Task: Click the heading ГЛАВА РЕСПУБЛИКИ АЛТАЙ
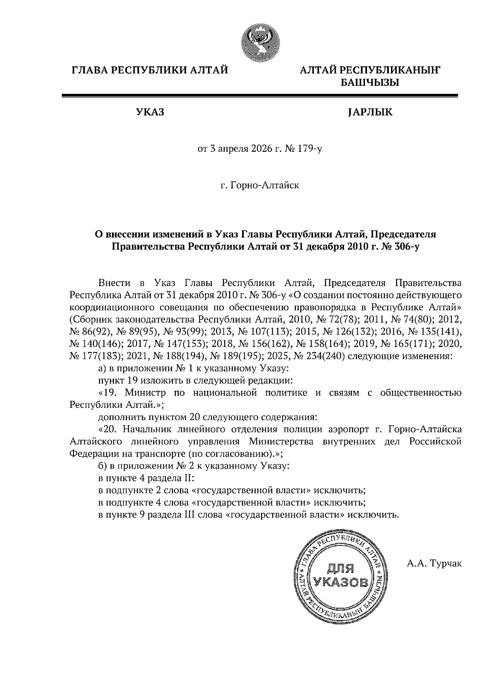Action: point(150,71)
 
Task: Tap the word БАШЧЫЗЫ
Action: point(370,83)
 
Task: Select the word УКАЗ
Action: point(150,112)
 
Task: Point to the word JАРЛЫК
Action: point(370,112)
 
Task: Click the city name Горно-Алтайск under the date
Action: point(265,185)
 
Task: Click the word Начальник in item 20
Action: point(148,429)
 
